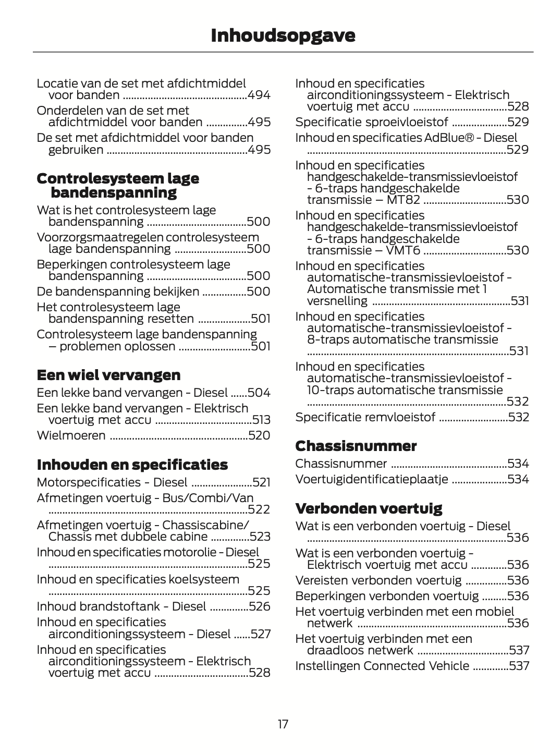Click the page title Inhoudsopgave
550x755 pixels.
click(283, 35)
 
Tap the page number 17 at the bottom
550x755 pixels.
click(283, 724)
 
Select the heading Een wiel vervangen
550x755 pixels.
click(108, 375)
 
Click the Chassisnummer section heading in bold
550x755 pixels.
click(356, 446)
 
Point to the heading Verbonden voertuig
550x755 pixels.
click(369, 508)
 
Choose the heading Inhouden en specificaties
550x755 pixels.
click(132, 465)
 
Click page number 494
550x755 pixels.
click(259, 95)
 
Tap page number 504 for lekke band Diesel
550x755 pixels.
click(259, 393)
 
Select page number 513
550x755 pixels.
click(261, 420)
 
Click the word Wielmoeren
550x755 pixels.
click(71, 435)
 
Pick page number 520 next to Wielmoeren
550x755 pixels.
click(260, 435)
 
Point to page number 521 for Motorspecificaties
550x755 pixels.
click(261, 482)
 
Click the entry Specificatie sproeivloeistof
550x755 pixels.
click(371, 122)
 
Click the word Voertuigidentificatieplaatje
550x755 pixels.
click(371, 479)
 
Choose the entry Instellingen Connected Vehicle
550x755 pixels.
click(382, 666)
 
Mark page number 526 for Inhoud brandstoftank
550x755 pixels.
click(260, 606)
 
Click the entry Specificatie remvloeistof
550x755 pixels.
click(365, 417)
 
